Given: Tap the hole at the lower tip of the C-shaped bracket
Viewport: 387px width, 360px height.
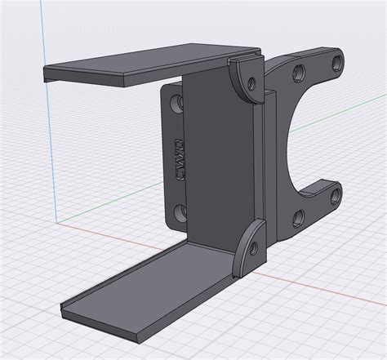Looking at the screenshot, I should point(333,193).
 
